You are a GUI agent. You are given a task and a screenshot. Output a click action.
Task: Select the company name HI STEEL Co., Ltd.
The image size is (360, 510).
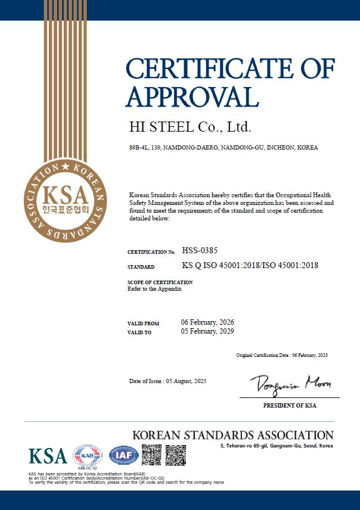(190, 127)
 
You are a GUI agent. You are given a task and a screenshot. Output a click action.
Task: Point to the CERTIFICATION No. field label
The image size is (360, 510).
(151, 253)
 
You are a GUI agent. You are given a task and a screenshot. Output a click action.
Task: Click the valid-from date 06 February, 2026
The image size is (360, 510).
(207, 322)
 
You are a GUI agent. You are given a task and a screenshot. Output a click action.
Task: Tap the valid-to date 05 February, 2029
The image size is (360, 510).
(207, 331)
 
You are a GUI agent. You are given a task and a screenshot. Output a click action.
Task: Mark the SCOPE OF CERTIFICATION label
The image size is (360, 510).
(160, 282)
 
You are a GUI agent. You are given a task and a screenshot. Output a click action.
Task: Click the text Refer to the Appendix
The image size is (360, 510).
(154, 289)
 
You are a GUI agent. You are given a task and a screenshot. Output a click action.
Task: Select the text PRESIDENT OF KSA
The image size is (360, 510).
(290, 406)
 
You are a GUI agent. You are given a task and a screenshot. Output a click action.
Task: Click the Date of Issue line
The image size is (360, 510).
(167, 381)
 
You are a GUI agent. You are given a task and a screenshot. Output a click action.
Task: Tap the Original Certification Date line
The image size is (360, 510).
(282, 355)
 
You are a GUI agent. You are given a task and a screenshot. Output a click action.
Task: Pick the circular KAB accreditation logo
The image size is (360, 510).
(87, 456)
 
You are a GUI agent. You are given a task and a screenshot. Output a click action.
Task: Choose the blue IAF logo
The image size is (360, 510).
(123, 456)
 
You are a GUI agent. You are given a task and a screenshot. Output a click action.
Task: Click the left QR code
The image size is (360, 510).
(151, 455)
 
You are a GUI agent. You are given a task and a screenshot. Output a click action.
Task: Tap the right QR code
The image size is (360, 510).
(175, 455)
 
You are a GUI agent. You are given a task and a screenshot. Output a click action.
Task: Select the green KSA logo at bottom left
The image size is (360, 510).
(48, 456)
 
